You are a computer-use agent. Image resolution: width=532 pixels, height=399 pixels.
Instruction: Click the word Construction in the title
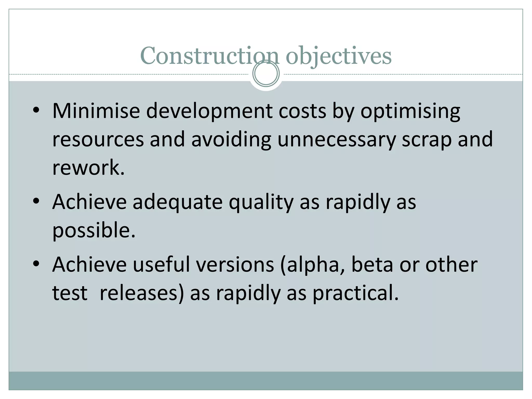tap(209, 56)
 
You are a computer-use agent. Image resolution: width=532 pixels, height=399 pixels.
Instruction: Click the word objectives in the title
tap(338, 56)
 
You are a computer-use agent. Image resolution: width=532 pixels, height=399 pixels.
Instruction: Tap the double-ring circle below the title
tap(266, 74)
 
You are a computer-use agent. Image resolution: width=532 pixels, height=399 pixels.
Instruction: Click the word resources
tap(98, 139)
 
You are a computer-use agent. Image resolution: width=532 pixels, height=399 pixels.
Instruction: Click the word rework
tap(88, 168)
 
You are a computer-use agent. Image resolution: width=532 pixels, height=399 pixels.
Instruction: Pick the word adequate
tap(178, 202)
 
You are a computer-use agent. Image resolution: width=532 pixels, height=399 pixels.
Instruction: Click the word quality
tap(261, 203)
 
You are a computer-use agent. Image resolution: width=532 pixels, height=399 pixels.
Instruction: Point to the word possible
tap(94, 230)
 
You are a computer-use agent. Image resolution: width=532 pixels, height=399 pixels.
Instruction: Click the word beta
tap(372, 265)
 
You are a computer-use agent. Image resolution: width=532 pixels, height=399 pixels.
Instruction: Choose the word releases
tap(142, 293)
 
